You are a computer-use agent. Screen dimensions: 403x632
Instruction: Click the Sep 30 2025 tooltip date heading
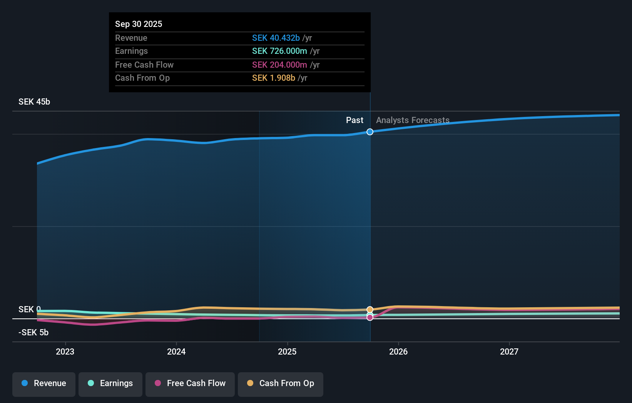pyautogui.click(x=139, y=24)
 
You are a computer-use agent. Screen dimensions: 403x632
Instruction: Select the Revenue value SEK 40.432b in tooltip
pyautogui.click(x=276, y=38)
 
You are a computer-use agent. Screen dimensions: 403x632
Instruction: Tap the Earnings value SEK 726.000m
pyautogui.click(x=279, y=51)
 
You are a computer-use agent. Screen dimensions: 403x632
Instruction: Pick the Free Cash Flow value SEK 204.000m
pyautogui.click(x=279, y=65)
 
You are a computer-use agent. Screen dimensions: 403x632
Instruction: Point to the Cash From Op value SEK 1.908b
pyautogui.click(x=273, y=78)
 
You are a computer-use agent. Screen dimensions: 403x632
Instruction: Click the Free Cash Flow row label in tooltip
pyautogui.click(x=144, y=65)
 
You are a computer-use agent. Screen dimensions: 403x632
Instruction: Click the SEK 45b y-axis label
pyautogui.click(x=34, y=102)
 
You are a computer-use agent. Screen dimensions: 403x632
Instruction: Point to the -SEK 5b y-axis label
pyautogui.click(x=33, y=332)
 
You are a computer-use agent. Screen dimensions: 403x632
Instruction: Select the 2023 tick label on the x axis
pyautogui.click(x=65, y=351)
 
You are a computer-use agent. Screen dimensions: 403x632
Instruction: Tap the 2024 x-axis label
pyautogui.click(x=176, y=351)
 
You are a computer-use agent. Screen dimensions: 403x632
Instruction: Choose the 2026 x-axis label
pyautogui.click(x=398, y=351)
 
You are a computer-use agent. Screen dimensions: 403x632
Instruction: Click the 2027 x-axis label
pyautogui.click(x=509, y=351)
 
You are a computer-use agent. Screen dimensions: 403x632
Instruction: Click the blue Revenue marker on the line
pyautogui.click(x=370, y=132)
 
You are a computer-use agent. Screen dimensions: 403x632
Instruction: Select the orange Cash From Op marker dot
pyautogui.click(x=370, y=310)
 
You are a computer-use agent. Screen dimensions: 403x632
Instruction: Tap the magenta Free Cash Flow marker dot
pyautogui.click(x=370, y=318)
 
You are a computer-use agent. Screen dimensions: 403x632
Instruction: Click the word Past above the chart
pyautogui.click(x=354, y=120)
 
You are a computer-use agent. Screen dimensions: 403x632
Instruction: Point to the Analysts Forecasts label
pyautogui.click(x=413, y=120)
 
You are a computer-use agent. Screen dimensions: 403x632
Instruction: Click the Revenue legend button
pyautogui.click(x=44, y=383)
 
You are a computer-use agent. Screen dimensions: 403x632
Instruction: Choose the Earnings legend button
pyautogui.click(x=110, y=383)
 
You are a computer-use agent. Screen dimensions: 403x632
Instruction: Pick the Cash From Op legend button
pyautogui.click(x=281, y=383)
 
